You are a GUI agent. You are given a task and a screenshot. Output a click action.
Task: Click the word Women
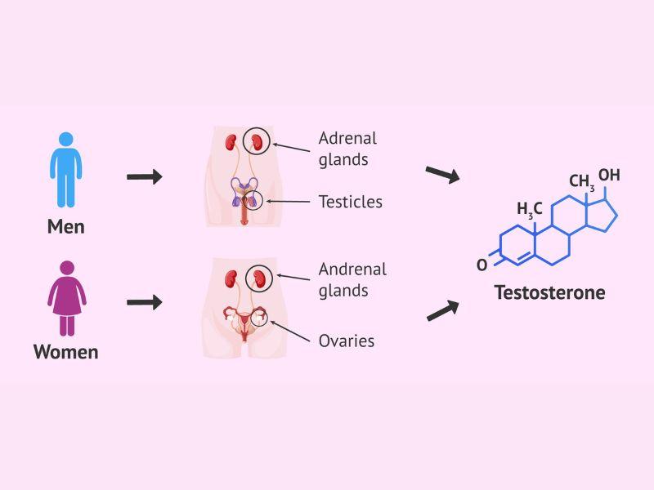pos(66,352)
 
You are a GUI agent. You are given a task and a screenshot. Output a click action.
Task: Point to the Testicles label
pos(350,201)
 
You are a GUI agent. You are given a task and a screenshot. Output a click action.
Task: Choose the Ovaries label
pos(346,341)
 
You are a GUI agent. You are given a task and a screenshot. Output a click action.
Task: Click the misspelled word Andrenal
pos(352,269)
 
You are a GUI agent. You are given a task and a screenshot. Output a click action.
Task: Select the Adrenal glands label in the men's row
pos(347,149)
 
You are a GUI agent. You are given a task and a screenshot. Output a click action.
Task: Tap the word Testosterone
pos(549,292)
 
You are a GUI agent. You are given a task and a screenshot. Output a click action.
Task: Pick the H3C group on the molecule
pos(529,210)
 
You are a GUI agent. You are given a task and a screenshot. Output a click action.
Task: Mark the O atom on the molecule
pos(482,265)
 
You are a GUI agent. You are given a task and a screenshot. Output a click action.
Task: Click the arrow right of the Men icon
pos(145,177)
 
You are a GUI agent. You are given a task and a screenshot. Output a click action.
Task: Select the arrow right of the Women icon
pos(145,302)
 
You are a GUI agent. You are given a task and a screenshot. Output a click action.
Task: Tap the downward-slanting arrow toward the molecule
pos(442,173)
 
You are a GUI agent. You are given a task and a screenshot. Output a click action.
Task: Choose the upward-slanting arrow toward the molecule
pos(442,310)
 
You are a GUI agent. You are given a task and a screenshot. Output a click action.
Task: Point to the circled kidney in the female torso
pos(261,277)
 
